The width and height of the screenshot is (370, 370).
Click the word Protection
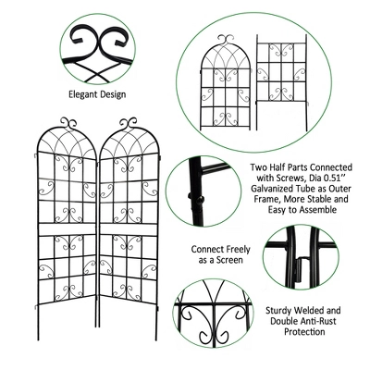point(291,331)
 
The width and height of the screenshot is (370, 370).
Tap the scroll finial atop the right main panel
point(129,121)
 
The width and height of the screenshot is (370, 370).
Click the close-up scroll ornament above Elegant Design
point(96,43)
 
